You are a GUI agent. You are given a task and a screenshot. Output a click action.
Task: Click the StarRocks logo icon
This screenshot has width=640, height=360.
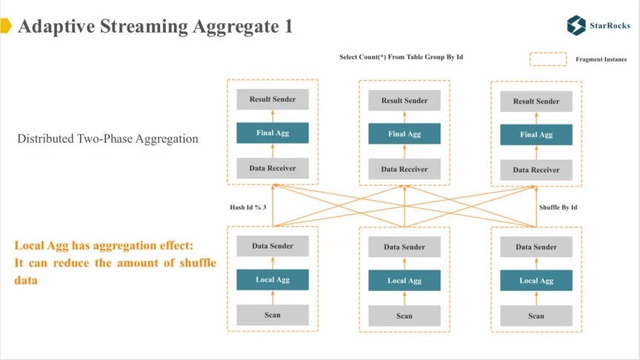(x=576, y=25)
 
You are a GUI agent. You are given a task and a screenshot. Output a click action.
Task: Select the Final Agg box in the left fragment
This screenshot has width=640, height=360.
(x=273, y=133)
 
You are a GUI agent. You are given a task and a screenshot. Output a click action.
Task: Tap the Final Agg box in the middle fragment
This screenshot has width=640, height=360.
(x=404, y=133)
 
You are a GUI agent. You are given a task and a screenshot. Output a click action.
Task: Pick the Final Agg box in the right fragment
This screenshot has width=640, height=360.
(x=536, y=135)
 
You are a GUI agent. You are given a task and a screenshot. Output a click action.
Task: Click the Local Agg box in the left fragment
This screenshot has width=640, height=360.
(x=273, y=279)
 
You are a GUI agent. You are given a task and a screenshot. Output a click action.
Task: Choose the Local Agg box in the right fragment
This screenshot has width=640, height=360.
(x=536, y=281)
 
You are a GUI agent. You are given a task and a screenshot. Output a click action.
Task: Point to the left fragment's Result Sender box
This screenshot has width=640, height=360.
(x=273, y=99)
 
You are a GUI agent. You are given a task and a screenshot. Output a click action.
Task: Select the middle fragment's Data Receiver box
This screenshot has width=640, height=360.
(x=404, y=169)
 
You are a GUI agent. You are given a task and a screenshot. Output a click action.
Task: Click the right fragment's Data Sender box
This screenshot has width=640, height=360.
(x=536, y=247)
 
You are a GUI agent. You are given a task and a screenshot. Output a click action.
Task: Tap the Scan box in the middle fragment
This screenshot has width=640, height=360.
(x=404, y=316)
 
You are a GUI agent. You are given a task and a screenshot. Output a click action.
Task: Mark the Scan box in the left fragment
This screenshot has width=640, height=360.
(x=273, y=315)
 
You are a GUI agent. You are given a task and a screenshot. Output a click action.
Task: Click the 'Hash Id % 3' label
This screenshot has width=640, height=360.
(x=248, y=207)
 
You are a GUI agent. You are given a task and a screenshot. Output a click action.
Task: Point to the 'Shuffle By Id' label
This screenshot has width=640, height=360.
(x=558, y=207)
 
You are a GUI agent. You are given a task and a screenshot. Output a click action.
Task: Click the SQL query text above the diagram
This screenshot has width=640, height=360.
(x=401, y=57)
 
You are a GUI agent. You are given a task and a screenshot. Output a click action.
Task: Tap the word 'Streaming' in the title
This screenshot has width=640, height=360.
(x=144, y=27)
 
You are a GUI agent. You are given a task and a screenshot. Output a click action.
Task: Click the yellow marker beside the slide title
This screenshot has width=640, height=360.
(x=6, y=25)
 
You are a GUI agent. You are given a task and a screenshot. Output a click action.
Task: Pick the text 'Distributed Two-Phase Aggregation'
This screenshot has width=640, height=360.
(x=107, y=139)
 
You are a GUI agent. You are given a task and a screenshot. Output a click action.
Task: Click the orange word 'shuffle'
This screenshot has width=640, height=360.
(x=198, y=263)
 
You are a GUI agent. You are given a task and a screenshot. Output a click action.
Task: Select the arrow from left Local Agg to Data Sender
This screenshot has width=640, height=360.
(x=273, y=263)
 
